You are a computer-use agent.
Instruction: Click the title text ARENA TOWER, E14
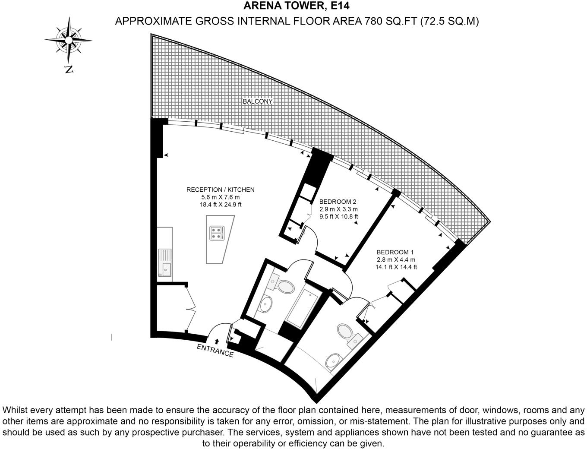(x=296, y=6)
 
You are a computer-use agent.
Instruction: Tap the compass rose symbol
(x=68, y=40)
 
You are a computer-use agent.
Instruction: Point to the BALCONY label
(x=258, y=101)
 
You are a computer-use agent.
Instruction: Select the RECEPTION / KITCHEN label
(x=220, y=190)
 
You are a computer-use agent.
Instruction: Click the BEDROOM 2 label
(x=338, y=202)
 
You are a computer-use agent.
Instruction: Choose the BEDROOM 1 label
(x=395, y=252)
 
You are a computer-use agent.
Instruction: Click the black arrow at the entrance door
(x=217, y=341)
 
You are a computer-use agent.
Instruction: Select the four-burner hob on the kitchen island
(x=217, y=233)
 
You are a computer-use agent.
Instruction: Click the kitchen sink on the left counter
(x=165, y=262)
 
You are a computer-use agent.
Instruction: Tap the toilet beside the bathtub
(x=285, y=287)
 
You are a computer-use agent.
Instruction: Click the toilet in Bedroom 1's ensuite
(x=345, y=332)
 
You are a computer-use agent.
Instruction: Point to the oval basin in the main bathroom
(x=265, y=304)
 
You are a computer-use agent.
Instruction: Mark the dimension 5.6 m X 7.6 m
(x=220, y=197)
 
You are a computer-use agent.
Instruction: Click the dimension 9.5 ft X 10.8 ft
(x=338, y=217)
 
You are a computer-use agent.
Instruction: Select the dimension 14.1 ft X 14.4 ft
(x=396, y=267)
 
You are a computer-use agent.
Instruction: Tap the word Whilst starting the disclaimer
(x=16, y=410)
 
